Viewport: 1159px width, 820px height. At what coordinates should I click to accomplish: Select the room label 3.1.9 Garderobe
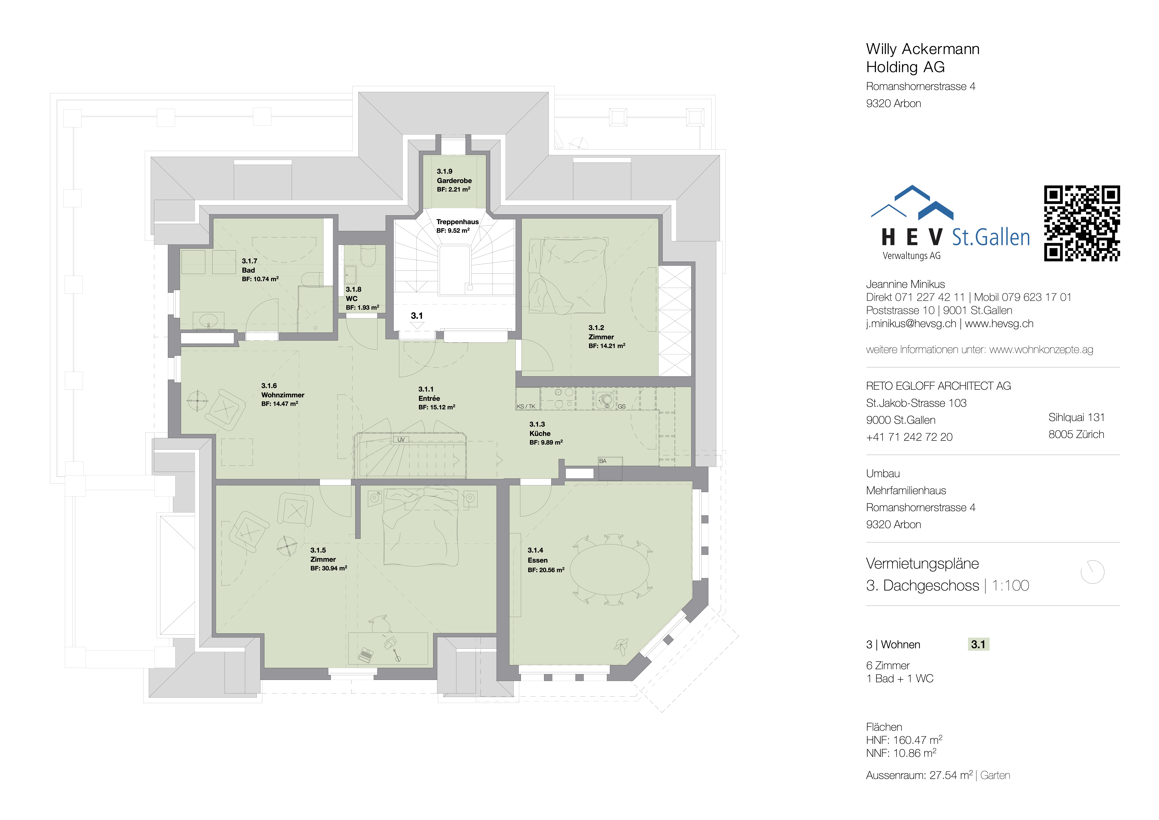[454, 180]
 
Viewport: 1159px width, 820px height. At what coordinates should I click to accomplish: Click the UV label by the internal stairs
[401, 440]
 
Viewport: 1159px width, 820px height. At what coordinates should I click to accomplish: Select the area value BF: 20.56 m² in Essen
[546, 570]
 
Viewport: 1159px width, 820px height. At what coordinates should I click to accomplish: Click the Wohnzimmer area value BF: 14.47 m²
[280, 404]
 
